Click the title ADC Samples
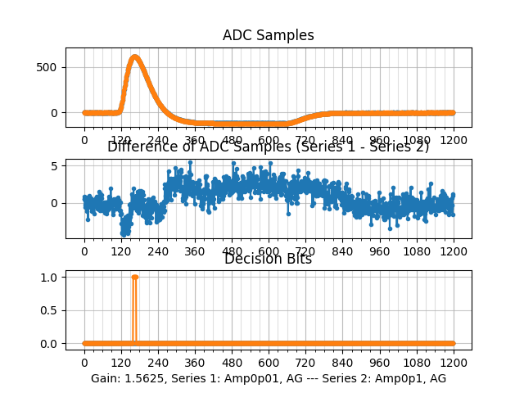[268, 35]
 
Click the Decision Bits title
[268, 259]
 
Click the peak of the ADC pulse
[135, 56]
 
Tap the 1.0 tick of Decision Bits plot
[51, 278]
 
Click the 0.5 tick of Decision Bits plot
[51, 310]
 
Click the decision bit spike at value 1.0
[134, 278]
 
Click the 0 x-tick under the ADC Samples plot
[84, 140]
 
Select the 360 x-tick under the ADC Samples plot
[195, 140]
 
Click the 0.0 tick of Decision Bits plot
[51, 343]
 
